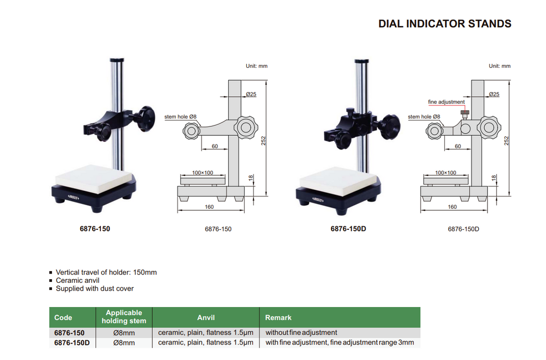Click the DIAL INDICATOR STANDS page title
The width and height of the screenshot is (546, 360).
click(x=445, y=24)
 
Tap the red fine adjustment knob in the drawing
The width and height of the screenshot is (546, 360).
click(x=465, y=113)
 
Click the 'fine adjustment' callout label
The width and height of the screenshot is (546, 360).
click(x=446, y=102)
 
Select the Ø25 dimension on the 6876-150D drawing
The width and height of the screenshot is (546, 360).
click(x=494, y=94)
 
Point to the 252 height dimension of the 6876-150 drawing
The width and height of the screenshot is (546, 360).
click(x=263, y=141)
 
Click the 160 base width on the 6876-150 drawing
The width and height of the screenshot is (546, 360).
click(x=209, y=207)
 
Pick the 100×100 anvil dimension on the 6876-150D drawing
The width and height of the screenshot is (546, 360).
click(x=445, y=173)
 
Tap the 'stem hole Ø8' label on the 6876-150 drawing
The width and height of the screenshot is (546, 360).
click(x=180, y=117)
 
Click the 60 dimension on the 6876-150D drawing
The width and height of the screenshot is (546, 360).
click(x=458, y=147)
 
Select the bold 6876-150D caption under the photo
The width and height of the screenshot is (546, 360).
click(x=348, y=228)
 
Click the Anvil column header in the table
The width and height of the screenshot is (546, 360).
click(x=206, y=318)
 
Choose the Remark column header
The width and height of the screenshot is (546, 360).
click(x=278, y=318)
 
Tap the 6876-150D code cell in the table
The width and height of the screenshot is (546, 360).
click(x=72, y=343)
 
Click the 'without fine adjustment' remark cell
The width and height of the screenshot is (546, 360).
click(x=301, y=333)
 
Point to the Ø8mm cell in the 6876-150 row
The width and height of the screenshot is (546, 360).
click(x=124, y=333)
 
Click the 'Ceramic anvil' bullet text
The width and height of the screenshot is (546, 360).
click(x=78, y=280)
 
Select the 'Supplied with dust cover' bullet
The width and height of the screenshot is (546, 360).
click(x=95, y=289)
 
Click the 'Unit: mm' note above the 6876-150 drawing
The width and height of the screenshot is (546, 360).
click(x=257, y=66)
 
